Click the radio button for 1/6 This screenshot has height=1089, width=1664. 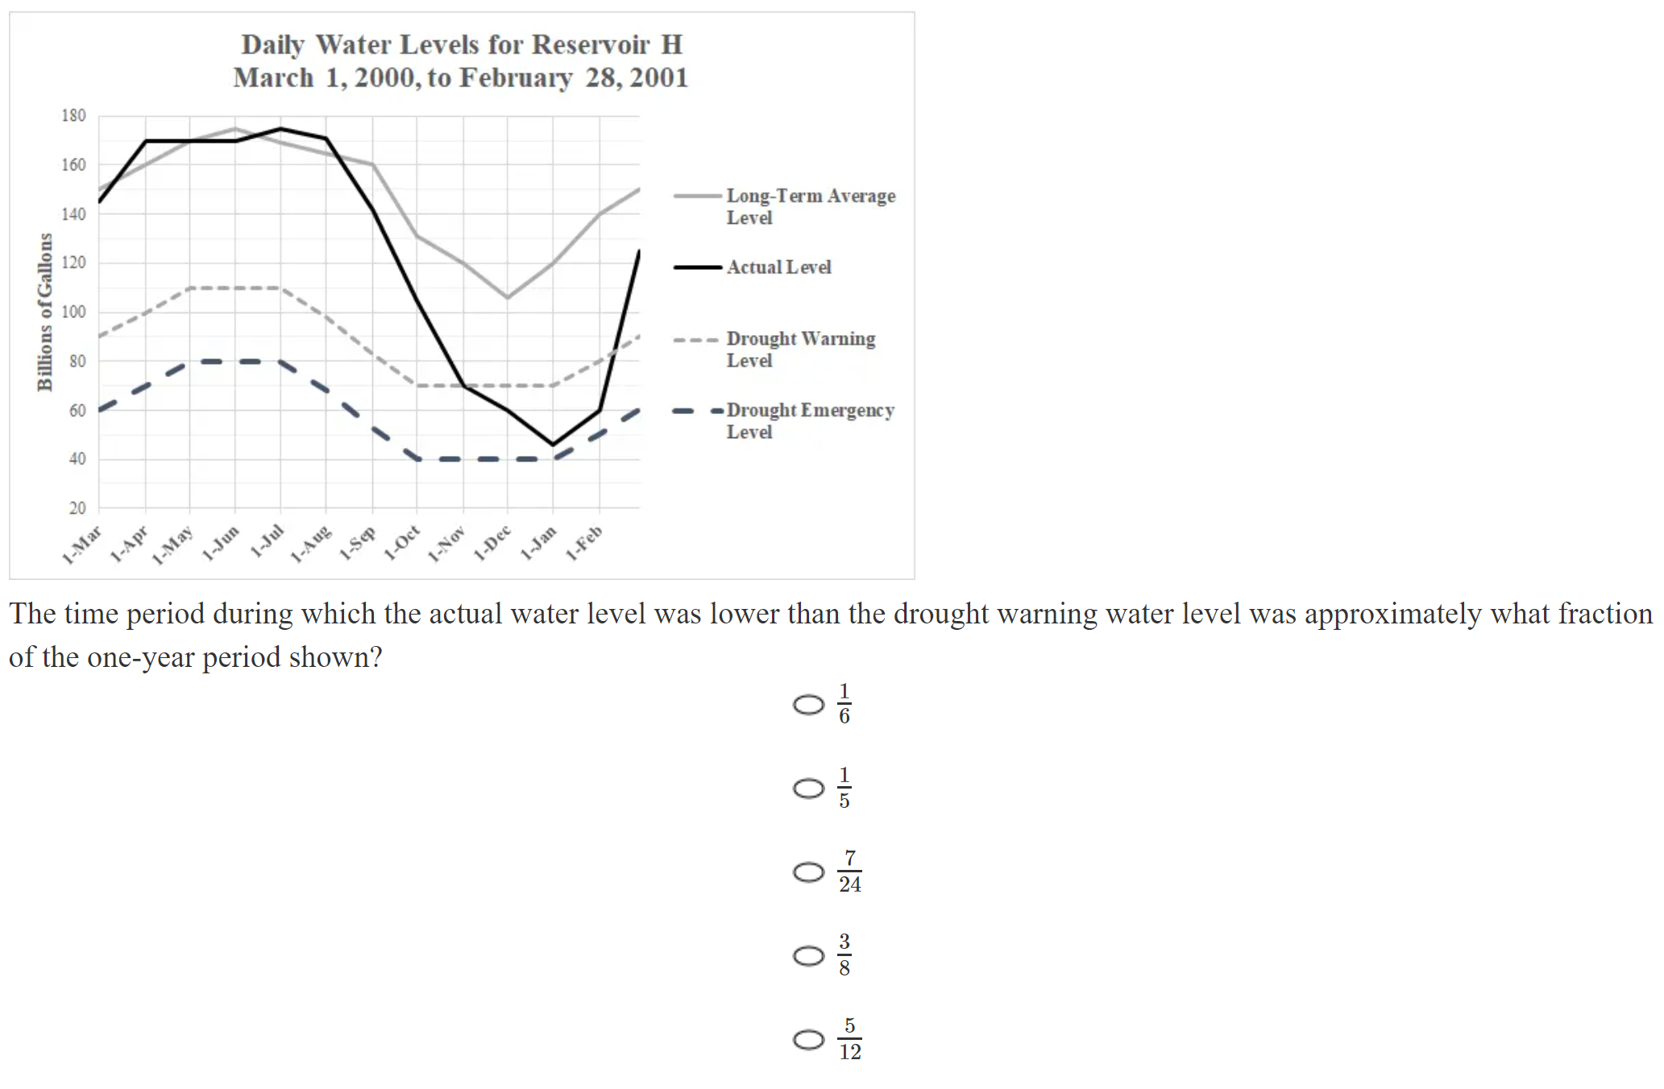[808, 705]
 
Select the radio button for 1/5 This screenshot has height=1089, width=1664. [808, 788]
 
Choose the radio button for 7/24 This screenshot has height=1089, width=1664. [808, 872]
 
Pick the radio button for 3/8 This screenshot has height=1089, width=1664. [808, 955]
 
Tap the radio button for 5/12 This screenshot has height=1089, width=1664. [808, 1039]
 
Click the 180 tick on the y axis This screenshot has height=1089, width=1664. [73, 116]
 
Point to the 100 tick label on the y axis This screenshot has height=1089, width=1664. [73, 312]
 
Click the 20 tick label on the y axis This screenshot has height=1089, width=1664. [77, 508]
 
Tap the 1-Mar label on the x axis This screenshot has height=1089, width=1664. [82, 545]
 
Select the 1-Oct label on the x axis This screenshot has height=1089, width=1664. [402, 543]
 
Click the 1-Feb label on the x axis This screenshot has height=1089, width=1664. [584, 543]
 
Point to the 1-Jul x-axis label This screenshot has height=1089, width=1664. [267, 540]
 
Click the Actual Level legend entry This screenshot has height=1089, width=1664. [778, 267]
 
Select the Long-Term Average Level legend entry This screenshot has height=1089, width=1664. [810, 206]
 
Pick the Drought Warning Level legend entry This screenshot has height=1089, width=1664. [800, 349]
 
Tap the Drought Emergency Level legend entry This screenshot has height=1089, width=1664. [810, 420]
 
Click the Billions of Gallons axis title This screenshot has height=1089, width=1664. [45, 313]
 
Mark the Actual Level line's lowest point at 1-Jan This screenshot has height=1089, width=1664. [553, 444]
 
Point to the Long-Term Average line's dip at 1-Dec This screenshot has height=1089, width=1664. [507, 297]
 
